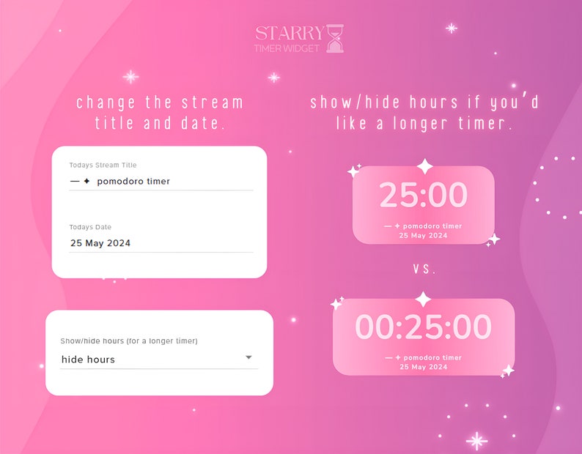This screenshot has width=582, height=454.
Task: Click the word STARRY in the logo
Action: click(289, 33)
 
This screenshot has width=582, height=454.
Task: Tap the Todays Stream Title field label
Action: click(103, 165)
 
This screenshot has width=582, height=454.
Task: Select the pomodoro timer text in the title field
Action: click(133, 181)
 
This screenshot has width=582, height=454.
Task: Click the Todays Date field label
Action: click(90, 227)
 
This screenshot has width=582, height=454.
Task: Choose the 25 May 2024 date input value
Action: click(100, 243)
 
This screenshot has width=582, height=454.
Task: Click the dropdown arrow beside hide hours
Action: click(248, 357)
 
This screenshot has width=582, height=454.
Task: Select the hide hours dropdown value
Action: click(88, 360)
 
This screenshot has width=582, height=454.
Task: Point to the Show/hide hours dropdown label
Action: click(129, 340)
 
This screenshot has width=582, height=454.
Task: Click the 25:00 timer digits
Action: click(423, 196)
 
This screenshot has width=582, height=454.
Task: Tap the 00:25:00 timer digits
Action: click(423, 327)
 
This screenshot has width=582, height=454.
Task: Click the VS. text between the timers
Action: click(424, 269)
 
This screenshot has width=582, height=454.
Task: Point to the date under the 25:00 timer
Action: click(423, 236)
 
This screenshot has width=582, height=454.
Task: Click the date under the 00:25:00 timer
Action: click(423, 366)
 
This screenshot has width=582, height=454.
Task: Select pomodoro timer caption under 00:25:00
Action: click(432, 357)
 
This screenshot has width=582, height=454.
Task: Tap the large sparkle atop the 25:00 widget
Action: click(424, 166)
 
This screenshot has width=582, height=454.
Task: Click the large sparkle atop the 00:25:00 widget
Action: click(423, 299)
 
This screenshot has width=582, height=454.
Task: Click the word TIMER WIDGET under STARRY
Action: click(286, 48)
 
